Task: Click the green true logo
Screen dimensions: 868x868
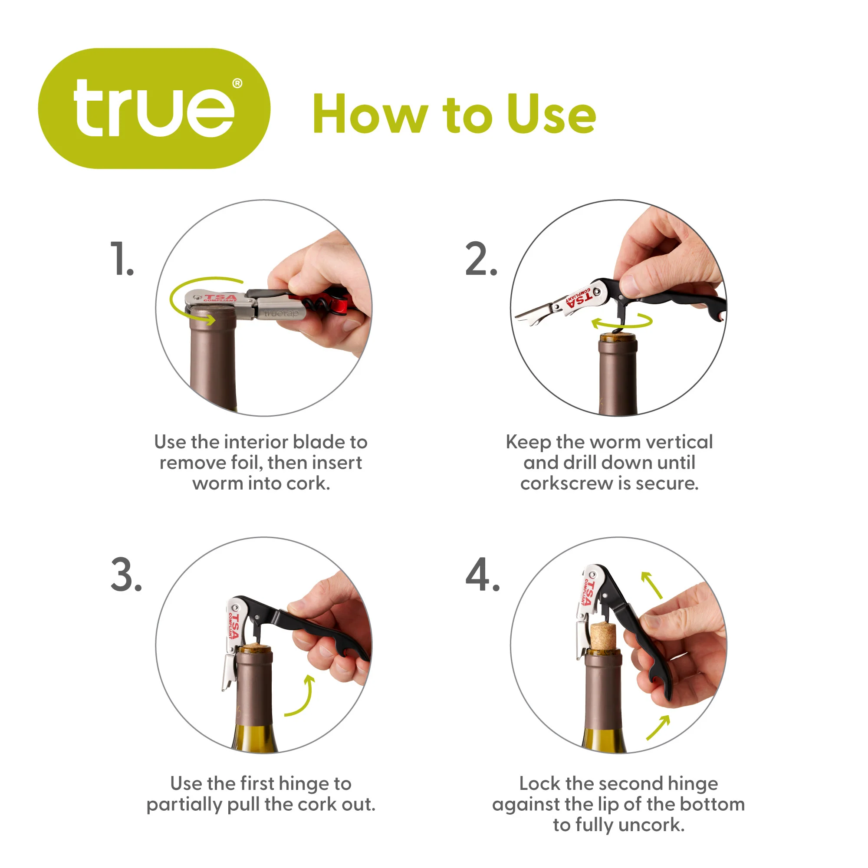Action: (x=154, y=108)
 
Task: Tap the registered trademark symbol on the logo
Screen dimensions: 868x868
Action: (x=237, y=84)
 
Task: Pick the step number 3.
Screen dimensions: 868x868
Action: (x=126, y=575)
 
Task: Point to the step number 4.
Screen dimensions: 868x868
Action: (x=483, y=575)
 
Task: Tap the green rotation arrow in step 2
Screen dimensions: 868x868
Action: (x=622, y=321)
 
